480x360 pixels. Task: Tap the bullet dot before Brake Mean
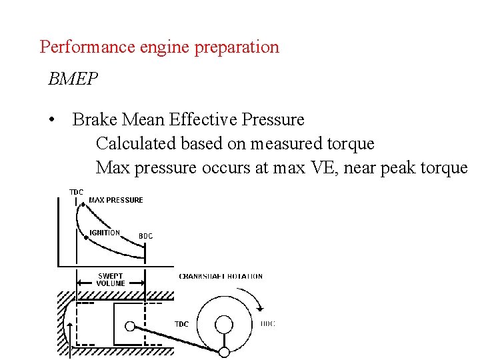pyautogui.click(x=51, y=120)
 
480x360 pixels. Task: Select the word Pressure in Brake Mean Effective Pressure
pyautogui.click(x=273, y=120)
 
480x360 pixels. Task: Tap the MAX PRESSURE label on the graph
pyautogui.click(x=116, y=200)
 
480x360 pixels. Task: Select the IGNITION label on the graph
pyautogui.click(x=105, y=233)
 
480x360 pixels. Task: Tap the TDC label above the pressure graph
pyautogui.click(x=77, y=192)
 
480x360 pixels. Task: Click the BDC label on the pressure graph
pyautogui.click(x=145, y=236)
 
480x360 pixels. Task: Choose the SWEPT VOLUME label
pyautogui.click(x=110, y=279)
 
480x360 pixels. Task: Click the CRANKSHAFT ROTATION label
pyautogui.click(x=221, y=276)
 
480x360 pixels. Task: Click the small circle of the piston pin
pyautogui.click(x=131, y=326)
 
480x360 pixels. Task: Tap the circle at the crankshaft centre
pyautogui.click(x=223, y=325)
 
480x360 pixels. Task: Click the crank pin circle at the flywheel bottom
pyautogui.click(x=225, y=352)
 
